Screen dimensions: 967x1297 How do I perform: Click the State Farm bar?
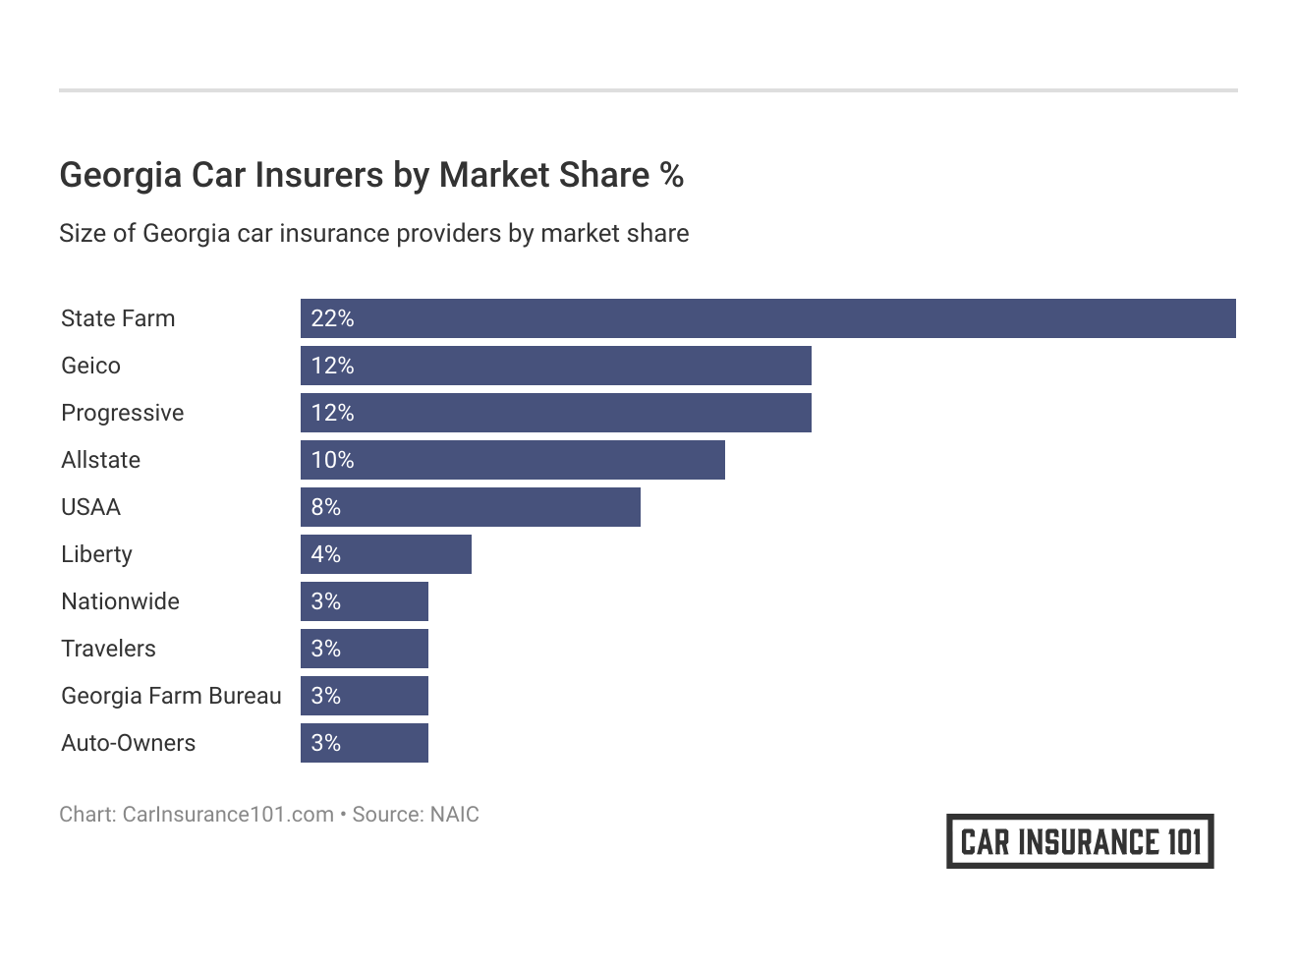coord(767,318)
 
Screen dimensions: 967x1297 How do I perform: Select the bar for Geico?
coord(556,366)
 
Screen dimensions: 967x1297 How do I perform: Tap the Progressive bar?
coord(556,413)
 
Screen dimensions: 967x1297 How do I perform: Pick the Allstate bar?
coord(513,460)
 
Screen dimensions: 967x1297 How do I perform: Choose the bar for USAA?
coord(471,507)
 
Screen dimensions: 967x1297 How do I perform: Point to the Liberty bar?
coord(386,554)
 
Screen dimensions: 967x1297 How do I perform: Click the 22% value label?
coord(332,318)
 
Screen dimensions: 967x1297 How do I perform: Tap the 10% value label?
coord(332,460)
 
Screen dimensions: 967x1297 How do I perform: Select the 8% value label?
coord(326,507)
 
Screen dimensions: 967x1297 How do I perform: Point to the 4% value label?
coord(326,554)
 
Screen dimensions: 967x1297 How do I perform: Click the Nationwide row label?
coord(120,601)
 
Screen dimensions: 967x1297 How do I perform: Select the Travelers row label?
coord(108,649)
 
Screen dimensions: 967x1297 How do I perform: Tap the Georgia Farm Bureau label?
coord(171,696)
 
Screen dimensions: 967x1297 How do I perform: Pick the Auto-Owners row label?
coord(128,743)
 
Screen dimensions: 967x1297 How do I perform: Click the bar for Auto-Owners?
coord(365,743)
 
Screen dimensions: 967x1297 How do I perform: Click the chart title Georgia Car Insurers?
coord(371,175)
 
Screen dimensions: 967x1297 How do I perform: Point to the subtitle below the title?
coord(373,234)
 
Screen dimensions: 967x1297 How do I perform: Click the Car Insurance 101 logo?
coord(1080,841)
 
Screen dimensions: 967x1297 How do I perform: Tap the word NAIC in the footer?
coord(454,815)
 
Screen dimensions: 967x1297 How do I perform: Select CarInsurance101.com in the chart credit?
coord(228,815)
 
